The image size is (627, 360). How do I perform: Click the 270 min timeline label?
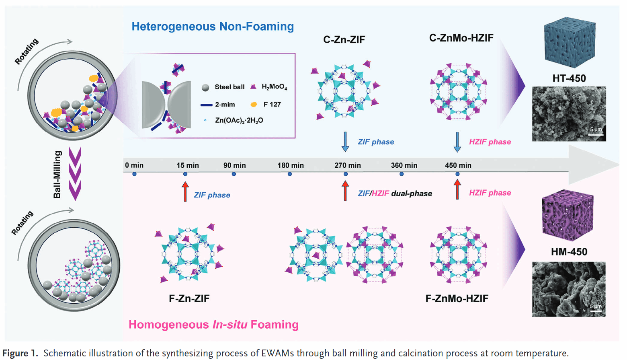(x=348, y=165)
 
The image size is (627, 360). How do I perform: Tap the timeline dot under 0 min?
(x=134, y=174)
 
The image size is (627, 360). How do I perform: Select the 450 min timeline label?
(x=458, y=165)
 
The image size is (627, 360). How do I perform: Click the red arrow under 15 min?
(x=185, y=191)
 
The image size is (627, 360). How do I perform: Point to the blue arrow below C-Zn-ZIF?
(x=345, y=142)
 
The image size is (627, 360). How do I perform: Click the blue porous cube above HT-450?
(x=569, y=42)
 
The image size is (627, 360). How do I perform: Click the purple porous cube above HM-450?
(x=568, y=216)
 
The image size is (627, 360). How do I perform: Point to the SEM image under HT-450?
(x=569, y=114)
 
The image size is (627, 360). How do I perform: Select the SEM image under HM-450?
(x=569, y=289)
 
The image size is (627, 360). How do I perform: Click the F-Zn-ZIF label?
(x=189, y=298)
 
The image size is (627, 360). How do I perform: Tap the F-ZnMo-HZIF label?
(x=457, y=298)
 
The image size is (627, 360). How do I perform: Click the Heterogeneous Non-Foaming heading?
(x=213, y=27)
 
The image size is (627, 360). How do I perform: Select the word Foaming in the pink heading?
(x=275, y=325)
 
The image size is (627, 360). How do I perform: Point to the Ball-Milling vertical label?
(x=57, y=175)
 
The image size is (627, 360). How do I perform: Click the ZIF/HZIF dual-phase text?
(x=395, y=193)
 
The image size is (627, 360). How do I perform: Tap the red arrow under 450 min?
(x=457, y=189)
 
